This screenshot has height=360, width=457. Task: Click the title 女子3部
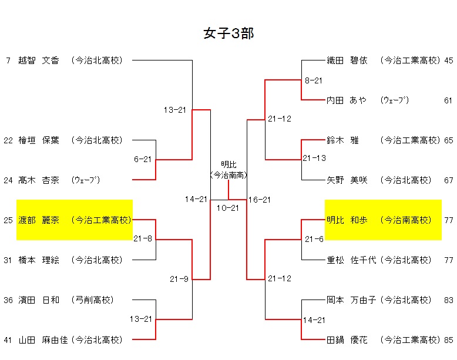coord(228,33)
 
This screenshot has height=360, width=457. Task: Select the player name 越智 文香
coord(39,60)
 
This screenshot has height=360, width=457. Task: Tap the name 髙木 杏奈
coord(39,180)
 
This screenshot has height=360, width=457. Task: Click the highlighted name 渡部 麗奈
coord(39,220)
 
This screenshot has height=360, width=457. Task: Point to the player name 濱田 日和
coord(39,300)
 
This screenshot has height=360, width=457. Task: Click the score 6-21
coord(143,159)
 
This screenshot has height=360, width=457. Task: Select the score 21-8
coord(143,239)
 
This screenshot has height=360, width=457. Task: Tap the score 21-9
coord(179,279)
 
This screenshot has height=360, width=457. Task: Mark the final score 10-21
coord(228,208)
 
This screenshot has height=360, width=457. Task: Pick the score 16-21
coord(259,200)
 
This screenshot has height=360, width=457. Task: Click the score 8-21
coord(314,80)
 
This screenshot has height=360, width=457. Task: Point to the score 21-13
coord(314,158)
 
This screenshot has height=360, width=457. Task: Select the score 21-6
coord(314,239)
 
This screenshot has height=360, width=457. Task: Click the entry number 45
coord(449,60)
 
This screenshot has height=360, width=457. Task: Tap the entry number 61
coord(449,100)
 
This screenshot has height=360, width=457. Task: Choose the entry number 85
coord(449,339)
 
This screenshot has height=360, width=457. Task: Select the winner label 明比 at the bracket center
coord(228,164)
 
